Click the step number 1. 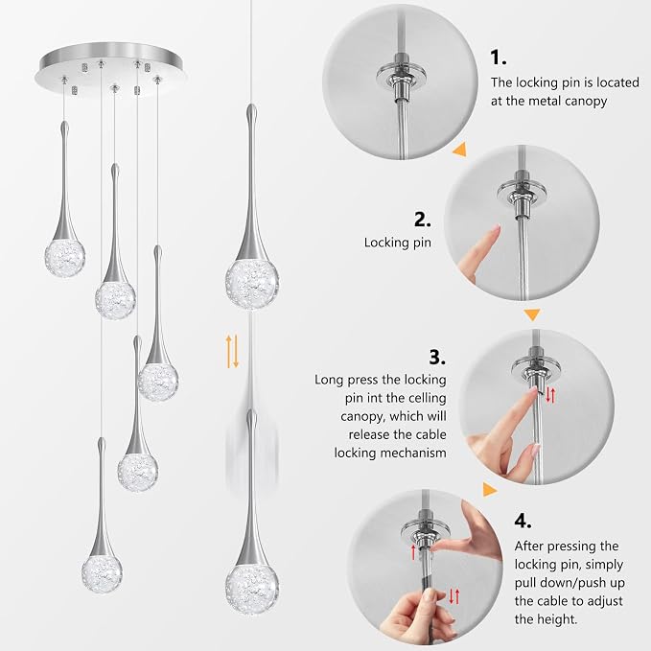499,58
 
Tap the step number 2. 422,220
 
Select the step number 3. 437,357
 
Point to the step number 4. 523,521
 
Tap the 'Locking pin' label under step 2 397,243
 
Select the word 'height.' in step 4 546,619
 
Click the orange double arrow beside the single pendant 232,352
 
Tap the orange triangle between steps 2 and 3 532,314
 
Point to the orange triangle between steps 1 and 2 460,150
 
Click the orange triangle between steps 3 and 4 490,489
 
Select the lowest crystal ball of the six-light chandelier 102,572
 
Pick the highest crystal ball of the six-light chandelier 65,255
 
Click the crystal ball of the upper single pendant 251,284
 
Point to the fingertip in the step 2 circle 495,229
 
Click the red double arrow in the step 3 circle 550,395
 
